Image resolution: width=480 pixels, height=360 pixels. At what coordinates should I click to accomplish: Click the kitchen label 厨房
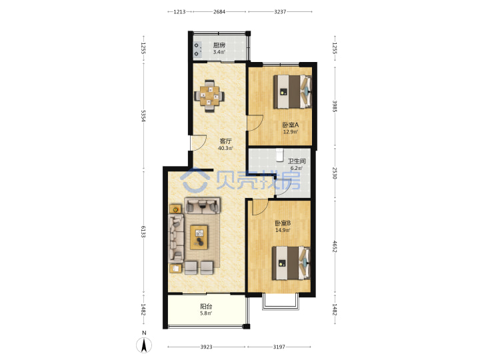point(219,45)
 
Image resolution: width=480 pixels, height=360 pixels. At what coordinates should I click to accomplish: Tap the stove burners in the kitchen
point(198,49)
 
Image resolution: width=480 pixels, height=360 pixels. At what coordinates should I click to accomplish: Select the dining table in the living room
point(209,97)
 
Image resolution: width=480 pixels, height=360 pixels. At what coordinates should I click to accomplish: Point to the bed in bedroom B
point(291,263)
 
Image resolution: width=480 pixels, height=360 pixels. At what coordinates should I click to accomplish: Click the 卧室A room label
point(290,125)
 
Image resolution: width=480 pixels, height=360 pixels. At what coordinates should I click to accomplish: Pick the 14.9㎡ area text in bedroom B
point(283,230)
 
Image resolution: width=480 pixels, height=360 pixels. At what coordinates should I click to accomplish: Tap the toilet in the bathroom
point(280,155)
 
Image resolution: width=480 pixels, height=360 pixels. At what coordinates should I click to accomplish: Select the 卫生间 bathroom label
point(296,161)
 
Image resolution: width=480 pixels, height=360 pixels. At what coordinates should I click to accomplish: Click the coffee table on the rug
point(199,237)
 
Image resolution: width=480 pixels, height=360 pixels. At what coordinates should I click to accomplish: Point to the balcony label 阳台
point(206,306)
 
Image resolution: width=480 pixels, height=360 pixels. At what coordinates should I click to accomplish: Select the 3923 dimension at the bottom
point(206,347)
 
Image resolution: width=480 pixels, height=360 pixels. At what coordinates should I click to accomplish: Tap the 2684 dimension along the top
point(219,11)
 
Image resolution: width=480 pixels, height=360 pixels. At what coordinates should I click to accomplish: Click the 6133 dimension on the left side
point(143,231)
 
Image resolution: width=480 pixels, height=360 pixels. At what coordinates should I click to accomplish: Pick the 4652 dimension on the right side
point(335,247)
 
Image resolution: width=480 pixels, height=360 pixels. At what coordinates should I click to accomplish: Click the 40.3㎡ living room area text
point(225,148)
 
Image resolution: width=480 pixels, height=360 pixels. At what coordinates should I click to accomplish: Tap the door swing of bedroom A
point(255,123)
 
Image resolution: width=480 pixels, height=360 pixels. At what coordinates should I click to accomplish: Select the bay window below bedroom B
point(281,301)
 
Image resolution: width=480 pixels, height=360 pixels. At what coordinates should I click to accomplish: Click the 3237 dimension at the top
point(280,11)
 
